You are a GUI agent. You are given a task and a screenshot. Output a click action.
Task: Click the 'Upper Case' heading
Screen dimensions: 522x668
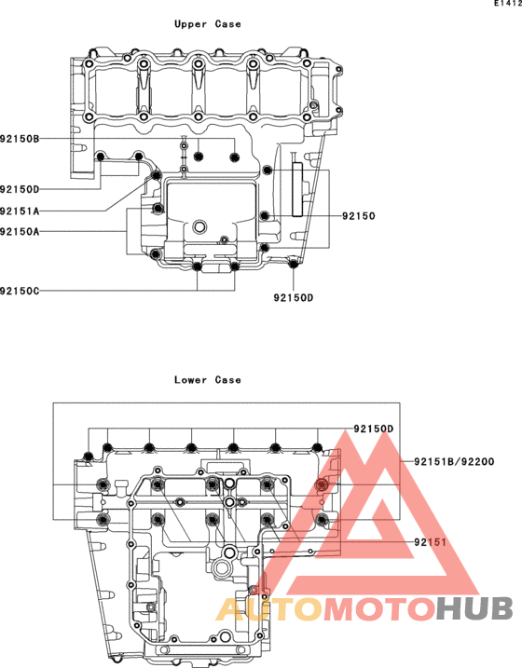pos(208,24)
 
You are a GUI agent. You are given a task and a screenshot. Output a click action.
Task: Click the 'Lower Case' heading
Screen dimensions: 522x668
pos(208,379)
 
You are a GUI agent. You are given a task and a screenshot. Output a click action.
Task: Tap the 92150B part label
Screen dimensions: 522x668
pos(20,139)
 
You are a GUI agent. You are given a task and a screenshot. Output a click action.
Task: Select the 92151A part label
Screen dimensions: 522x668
pos(20,211)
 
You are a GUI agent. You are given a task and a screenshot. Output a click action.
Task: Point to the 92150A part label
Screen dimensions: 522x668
pos(20,232)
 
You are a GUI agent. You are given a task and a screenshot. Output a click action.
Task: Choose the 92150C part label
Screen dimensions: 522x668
pos(20,291)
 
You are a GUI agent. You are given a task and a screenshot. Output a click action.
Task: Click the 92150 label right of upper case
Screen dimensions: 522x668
pos(359,216)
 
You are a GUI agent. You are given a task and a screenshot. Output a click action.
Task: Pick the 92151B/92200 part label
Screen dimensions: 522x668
pos(454,461)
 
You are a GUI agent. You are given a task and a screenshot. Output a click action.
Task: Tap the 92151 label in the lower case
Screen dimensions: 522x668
pos(431,542)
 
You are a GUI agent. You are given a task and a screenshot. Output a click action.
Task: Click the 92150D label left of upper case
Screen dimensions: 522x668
pos(20,189)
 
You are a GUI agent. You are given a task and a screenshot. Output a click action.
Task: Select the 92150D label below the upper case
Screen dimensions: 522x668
pos(294,298)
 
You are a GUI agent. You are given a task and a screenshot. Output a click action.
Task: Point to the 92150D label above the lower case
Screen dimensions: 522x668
pos(374,429)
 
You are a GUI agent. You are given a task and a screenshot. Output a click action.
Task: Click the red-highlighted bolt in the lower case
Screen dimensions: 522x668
pos(322,484)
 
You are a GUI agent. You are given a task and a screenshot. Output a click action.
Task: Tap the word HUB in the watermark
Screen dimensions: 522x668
pos(474,608)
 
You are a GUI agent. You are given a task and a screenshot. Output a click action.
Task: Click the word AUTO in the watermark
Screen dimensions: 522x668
pos(269,608)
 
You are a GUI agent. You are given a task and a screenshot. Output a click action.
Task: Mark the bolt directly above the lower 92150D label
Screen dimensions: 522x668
pos(294,265)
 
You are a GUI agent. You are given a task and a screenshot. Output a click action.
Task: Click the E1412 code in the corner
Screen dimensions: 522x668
pos(508,3)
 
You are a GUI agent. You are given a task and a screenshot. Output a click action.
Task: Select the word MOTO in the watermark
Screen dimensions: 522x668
pos(379,608)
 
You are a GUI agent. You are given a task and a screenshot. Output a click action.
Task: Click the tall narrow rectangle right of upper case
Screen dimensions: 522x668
pos(297,189)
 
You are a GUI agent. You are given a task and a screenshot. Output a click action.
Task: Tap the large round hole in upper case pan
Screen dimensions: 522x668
pos(199,226)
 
